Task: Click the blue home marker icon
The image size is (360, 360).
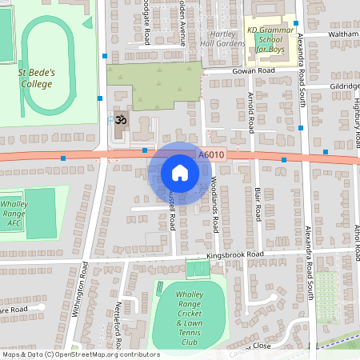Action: tap(180, 172)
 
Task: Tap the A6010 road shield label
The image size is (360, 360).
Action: tap(210, 155)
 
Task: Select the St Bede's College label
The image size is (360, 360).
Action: tap(37, 77)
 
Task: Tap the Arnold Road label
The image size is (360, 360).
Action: tap(250, 112)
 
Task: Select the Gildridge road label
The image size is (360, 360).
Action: tap(344, 86)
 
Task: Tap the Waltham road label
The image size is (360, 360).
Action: tap(344, 34)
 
